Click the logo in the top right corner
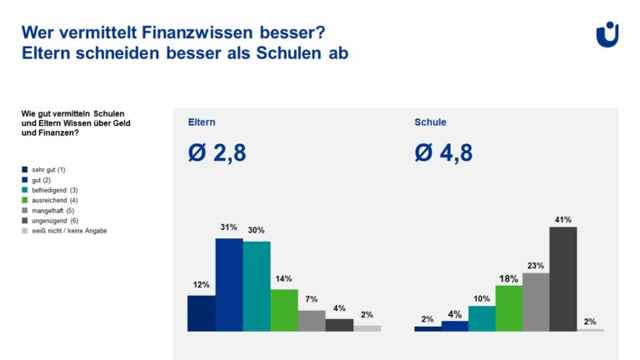[x=607, y=34]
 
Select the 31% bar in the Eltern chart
[x=229, y=284]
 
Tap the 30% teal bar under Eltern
[x=257, y=286]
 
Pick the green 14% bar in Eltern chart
[x=284, y=310]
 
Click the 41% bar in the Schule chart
[x=563, y=278]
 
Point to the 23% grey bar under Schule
[x=536, y=302]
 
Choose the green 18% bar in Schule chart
[x=508, y=308]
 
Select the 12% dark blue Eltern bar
[x=201, y=313]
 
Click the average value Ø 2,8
[x=217, y=153]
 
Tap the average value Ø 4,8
[x=444, y=153]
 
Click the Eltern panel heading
[x=201, y=122]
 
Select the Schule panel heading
[x=430, y=122]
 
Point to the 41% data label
[x=563, y=220]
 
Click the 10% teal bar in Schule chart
[x=482, y=318]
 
